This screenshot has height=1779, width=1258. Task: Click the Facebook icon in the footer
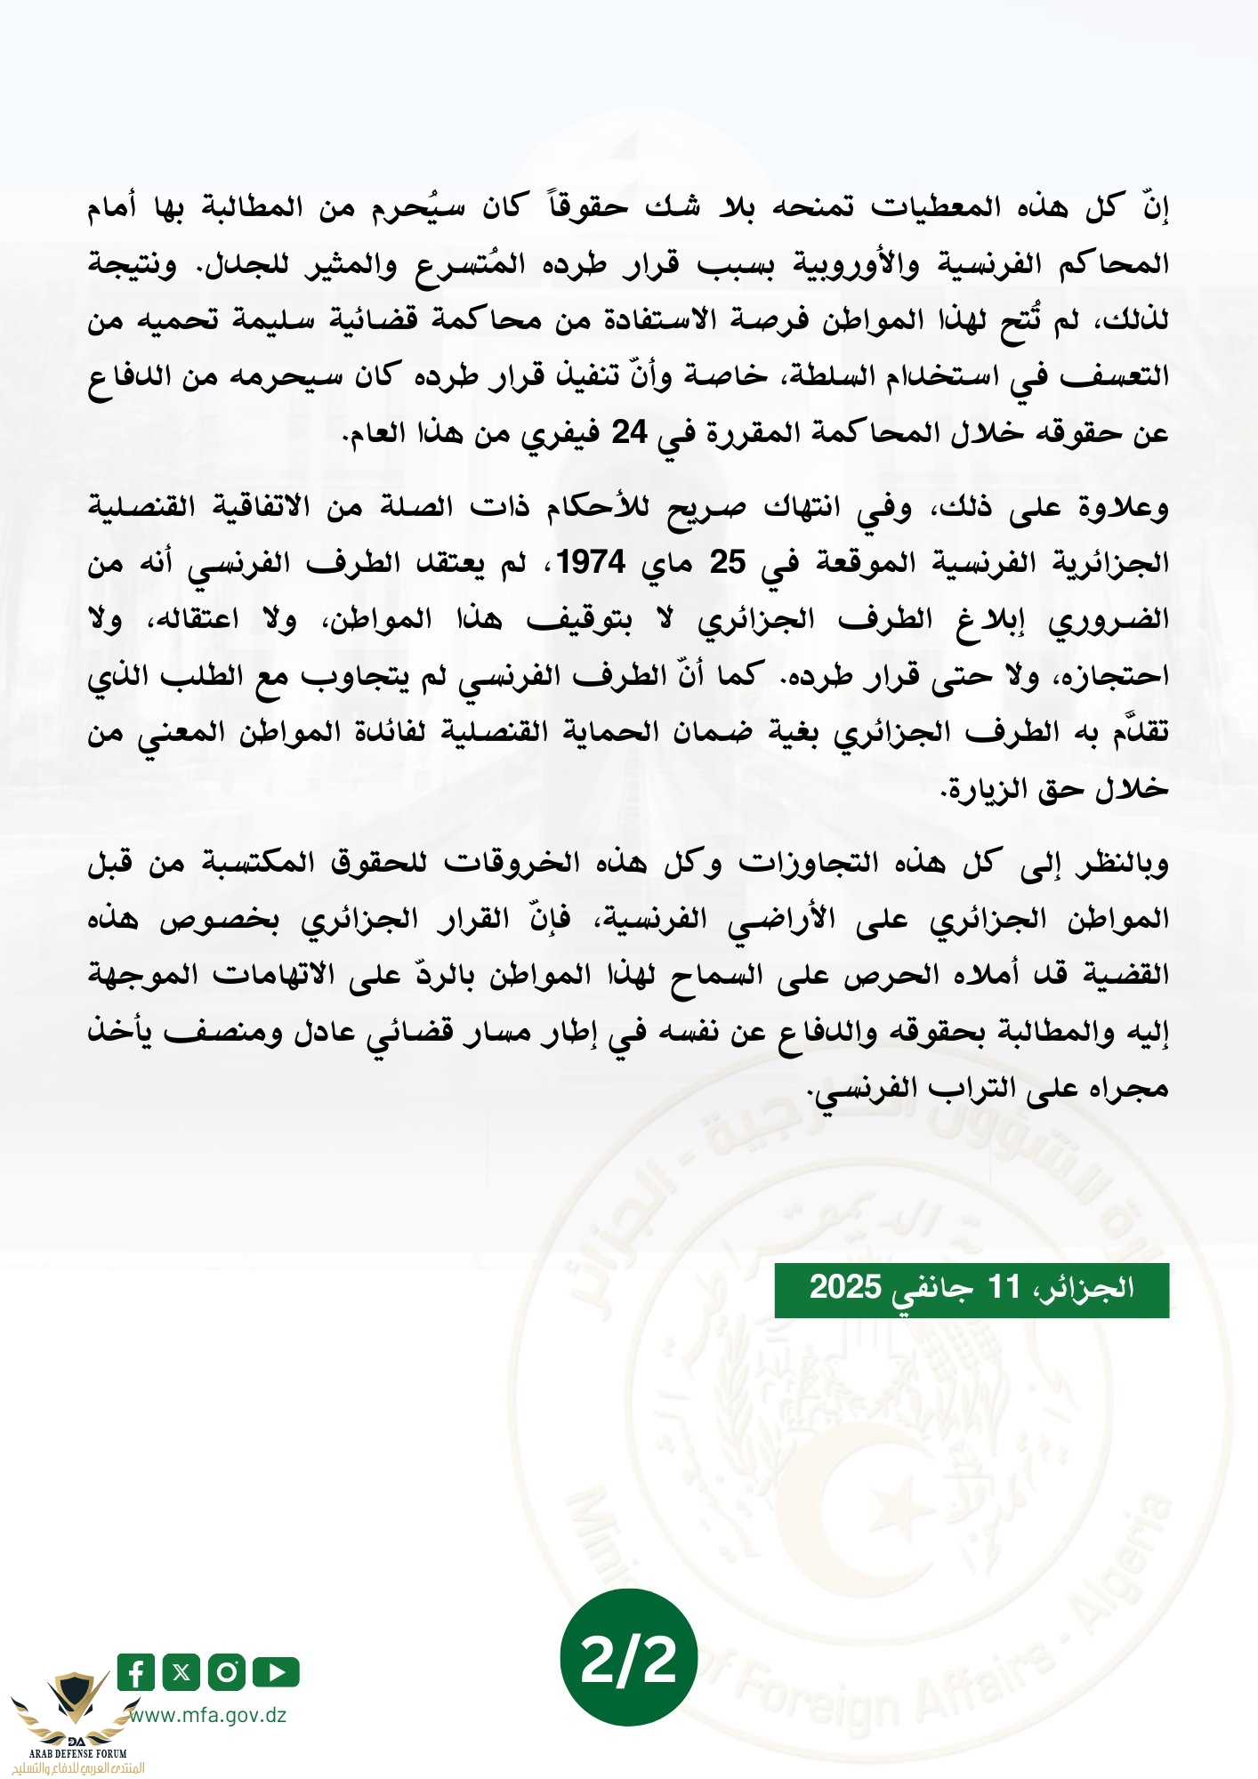click(x=135, y=1672)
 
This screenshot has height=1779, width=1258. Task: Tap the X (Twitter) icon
click(x=181, y=1672)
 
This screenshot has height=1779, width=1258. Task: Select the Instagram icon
click(x=227, y=1672)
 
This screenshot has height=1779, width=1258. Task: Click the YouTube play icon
click(x=275, y=1672)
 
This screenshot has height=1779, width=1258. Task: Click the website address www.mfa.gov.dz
click(x=210, y=1715)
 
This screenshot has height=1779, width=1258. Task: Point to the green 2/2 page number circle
click(x=628, y=1658)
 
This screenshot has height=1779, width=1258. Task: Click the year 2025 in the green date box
click(x=845, y=1287)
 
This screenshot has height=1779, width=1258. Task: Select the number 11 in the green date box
click(x=1004, y=1287)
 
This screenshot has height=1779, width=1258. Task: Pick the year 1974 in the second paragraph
click(x=592, y=562)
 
